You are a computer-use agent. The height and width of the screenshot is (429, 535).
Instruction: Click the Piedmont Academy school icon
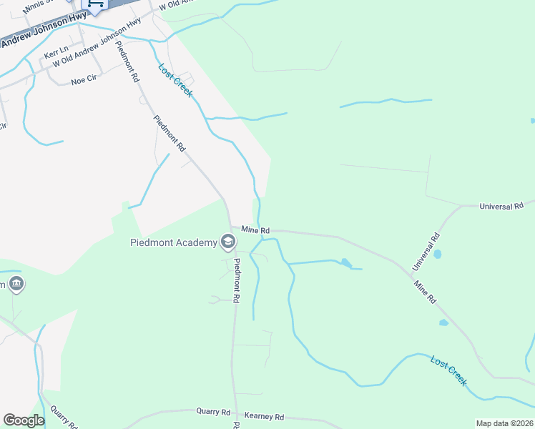point(228,242)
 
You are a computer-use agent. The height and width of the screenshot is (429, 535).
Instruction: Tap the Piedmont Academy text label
point(173,242)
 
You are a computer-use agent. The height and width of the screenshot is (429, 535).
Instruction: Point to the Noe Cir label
point(84,81)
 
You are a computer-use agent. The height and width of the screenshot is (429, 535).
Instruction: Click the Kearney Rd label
point(265,416)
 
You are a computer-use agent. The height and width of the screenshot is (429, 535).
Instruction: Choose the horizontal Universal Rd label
point(501,206)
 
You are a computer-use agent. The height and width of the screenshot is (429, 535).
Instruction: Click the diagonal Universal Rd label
point(424,251)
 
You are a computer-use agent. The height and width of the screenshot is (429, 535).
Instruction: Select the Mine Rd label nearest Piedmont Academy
point(255,230)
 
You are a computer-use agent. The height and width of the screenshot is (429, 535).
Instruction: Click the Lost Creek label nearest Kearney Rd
point(448,370)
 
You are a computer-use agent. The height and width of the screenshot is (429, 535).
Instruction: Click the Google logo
point(24,420)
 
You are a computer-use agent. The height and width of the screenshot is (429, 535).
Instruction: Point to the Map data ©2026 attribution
point(504,423)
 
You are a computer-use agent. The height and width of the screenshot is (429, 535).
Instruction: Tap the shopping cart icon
point(95,4)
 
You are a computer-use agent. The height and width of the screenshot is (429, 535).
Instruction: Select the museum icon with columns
point(16,285)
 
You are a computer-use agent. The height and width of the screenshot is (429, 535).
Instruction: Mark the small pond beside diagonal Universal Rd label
point(437,254)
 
